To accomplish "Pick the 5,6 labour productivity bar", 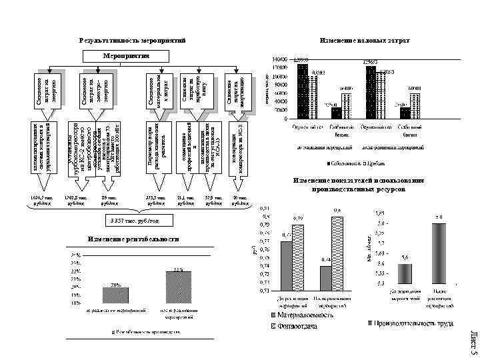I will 405,274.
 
